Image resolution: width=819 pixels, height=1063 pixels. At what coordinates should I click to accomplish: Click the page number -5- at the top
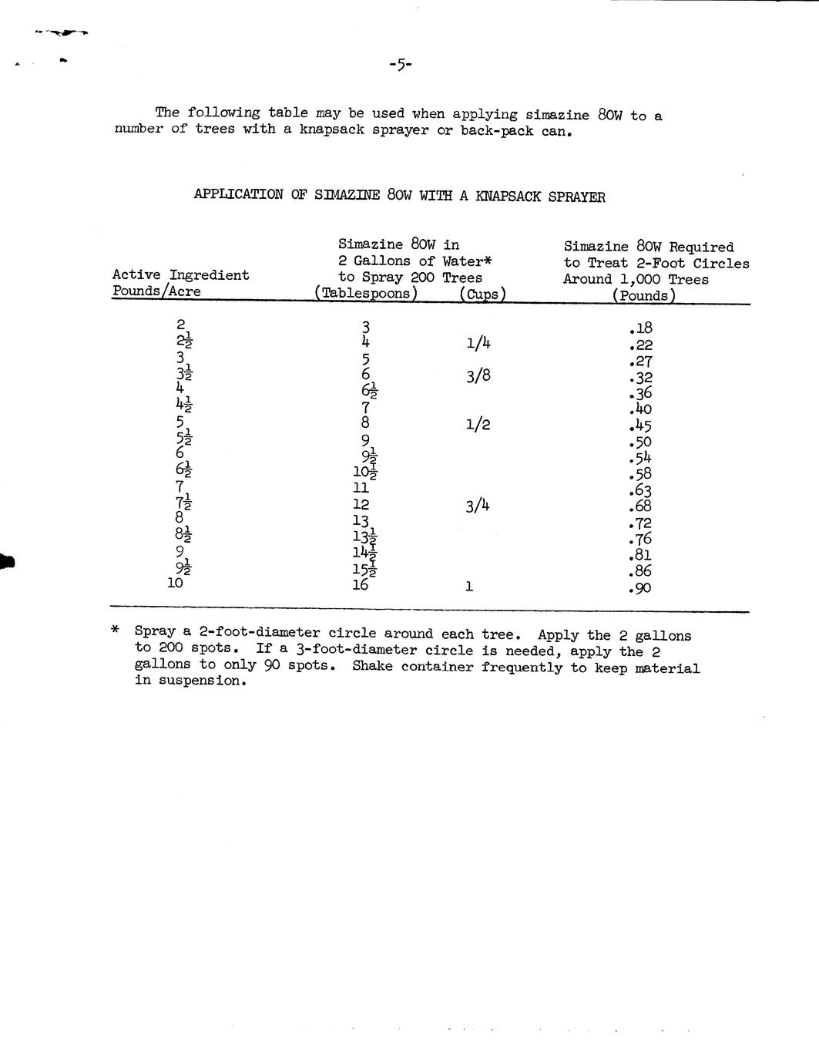pyautogui.click(x=401, y=66)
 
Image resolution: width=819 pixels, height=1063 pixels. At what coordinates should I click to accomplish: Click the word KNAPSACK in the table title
pyautogui.click(x=509, y=197)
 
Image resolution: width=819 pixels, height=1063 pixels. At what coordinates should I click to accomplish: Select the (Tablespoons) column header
pyautogui.click(x=366, y=294)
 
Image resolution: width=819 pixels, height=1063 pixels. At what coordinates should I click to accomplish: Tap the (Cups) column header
pyautogui.click(x=482, y=294)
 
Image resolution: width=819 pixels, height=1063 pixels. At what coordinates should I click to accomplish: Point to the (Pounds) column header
pyautogui.click(x=644, y=296)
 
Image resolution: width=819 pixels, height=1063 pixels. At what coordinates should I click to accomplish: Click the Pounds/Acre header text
pyautogui.click(x=156, y=291)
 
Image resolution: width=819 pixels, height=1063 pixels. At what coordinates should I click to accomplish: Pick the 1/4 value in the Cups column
pyautogui.click(x=478, y=343)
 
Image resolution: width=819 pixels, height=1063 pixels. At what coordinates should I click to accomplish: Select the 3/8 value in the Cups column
pyautogui.click(x=478, y=376)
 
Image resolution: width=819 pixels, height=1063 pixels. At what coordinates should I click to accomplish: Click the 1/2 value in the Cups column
pyautogui.click(x=478, y=425)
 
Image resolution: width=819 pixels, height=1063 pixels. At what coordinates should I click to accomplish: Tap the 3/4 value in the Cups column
pyautogui.click(x=478, y=506)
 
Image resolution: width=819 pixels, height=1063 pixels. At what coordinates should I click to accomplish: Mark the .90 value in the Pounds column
pyautogui.click(x=640, y=589)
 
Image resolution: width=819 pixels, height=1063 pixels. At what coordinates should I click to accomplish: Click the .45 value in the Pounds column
pyautogui.click(x=640, y=426)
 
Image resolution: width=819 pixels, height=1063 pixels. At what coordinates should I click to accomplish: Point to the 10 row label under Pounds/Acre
pyautogui.click(x=176, y=584)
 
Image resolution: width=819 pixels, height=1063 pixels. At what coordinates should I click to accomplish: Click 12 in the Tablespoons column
pyautogui.click(x=361, y=505)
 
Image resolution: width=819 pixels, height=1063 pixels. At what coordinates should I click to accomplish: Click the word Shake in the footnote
pyautogui.click(x=372, y=666)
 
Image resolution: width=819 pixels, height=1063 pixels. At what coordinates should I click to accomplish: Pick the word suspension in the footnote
pyautogui.click(x=199, y=681)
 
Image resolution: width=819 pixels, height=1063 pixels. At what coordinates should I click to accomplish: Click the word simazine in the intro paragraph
pyautogui.click(x=557, y=115)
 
